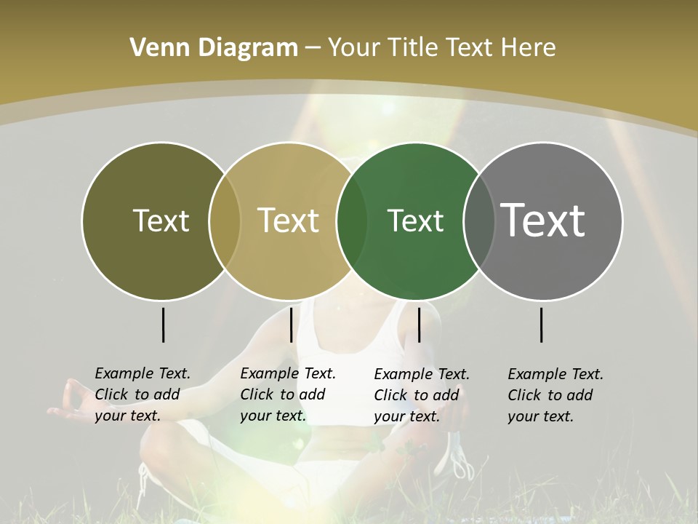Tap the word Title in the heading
412,48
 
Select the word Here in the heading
528,48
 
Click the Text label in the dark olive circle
161,221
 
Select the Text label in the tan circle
289,221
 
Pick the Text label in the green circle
415,221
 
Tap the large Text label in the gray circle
543,221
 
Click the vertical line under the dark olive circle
163,325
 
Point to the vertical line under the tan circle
291,325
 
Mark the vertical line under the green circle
419,325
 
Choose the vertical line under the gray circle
541,325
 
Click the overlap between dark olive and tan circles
225,221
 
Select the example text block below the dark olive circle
143,394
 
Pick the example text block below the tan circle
288,394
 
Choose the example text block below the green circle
422,395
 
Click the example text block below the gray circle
555,395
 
